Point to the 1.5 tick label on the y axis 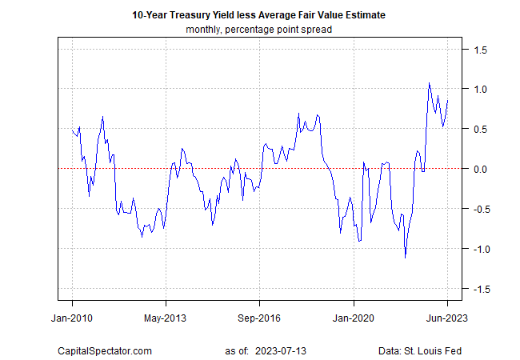click(480, 50)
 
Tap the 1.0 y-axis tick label click(480, 89)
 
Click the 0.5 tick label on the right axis click(480, 129)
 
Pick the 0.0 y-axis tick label click(480, 169)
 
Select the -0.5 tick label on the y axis click(478, 209)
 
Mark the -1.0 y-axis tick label click(478, 249)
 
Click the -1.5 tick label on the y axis click(478, 289)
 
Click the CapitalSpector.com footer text click(105, 350)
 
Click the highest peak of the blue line click(430, 82)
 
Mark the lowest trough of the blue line click(406, 258)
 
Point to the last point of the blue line click(447, 101)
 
